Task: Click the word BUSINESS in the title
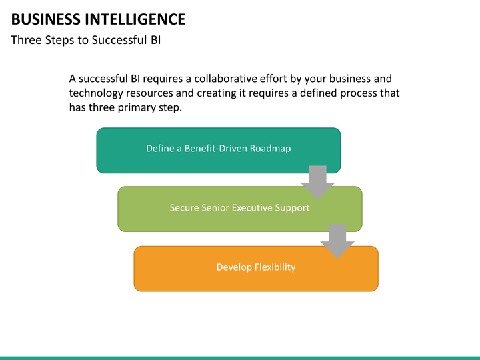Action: [x=45, y=19]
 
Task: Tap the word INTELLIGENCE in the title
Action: [x=135, y=19]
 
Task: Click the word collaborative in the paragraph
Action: [x=225, y=79]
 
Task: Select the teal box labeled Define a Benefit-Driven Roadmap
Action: [x=219, y=150]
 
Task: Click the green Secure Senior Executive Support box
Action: [x=240, y=209]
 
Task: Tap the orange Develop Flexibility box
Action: [x=256, y=269]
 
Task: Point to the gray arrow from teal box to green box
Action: [x=318, y=183]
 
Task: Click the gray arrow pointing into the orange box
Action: [x=337, y=241]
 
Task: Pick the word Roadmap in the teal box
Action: [x=270, y=149]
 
